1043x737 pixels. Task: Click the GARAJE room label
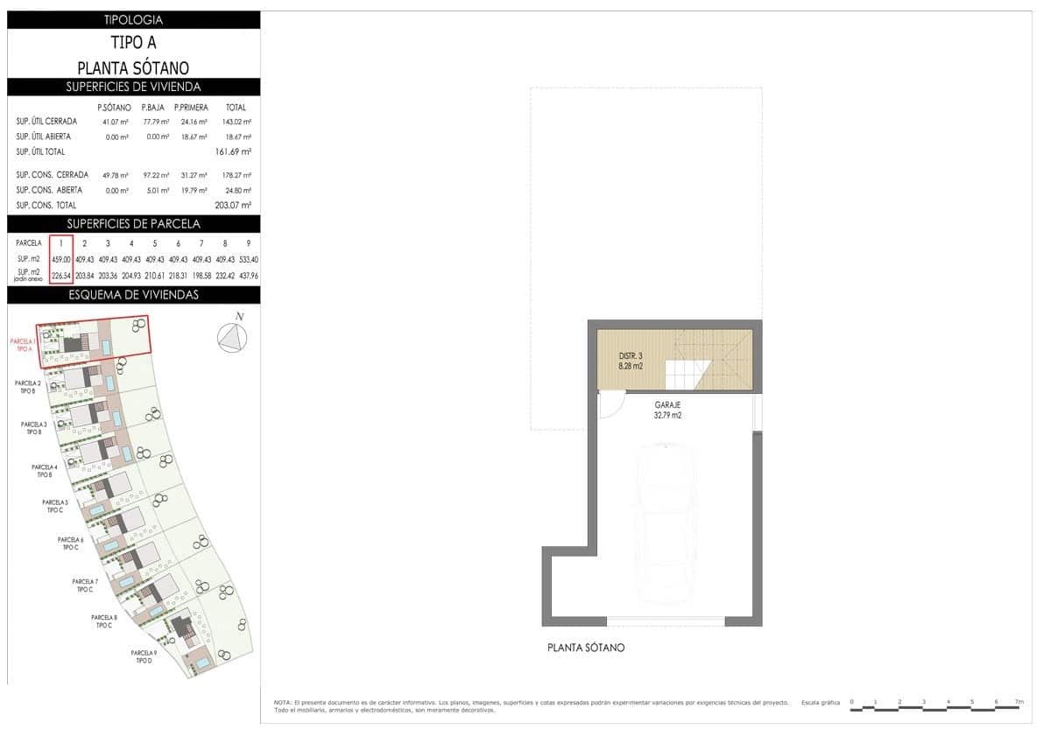pyautogui.click(x=667, y=405)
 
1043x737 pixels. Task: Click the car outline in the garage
pyautogui.click(x=669, y=522)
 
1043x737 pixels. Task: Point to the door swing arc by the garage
pyautogui.click(x=611, y=404)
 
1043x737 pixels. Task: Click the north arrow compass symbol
pyautogui.click(x=232, y=337)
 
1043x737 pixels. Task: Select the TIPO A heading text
pyautogui.click(x=133, y=42)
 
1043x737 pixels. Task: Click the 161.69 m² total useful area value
pyautogui.click(x=234, y=152)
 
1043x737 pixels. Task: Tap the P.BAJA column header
pyautogui.click(x=154, y=108)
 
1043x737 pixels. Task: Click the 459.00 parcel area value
pyautogui.click(x=60, y=259)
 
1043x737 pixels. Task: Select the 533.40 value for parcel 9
pyautogui.click(x=249, y=259)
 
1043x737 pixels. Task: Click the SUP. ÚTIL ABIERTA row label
pyautogui.click(x=44, y=137)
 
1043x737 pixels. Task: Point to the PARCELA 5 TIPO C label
pyautogui.click(x=55, y=506)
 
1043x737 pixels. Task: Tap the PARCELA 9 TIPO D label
pyautogui.click(x=144, y=656)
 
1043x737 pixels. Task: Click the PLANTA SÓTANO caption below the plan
pyautogui.click(x=586, y=648)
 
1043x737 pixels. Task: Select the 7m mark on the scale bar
pyautogui.click(x=1018, y=702)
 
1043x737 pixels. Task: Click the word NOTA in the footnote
pyautogui.click(x=282, y=703)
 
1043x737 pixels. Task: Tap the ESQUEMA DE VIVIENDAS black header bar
pyautogui.click(x=133, y=295)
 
